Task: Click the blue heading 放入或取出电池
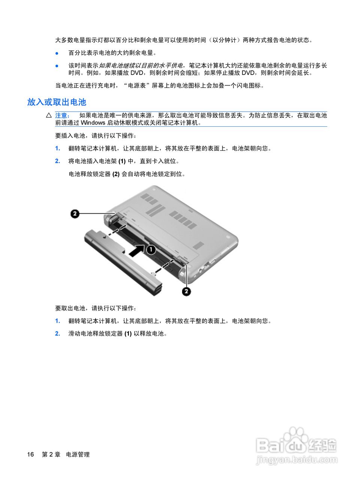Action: (x=57, y=102)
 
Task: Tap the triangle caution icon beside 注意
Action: (x=49, y=115)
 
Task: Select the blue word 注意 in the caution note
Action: (x=62, y=115)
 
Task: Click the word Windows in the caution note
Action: (x=93, y=123)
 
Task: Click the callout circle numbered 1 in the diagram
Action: (x=151, y=249)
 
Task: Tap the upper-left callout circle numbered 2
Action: (x=75, y=214)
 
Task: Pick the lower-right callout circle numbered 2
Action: (x=186, y=291)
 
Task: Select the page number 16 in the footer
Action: (x=30, y=454)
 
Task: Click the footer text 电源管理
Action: (x=78, y=454)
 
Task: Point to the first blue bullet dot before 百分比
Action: (x=57, y=53)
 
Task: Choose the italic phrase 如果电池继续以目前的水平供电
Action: (x=141, y=66)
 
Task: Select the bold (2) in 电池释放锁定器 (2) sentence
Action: (x=116, y=174)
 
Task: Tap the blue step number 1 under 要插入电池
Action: (x=58, y=148)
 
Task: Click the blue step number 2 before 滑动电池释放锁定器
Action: (x=58, y=334)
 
